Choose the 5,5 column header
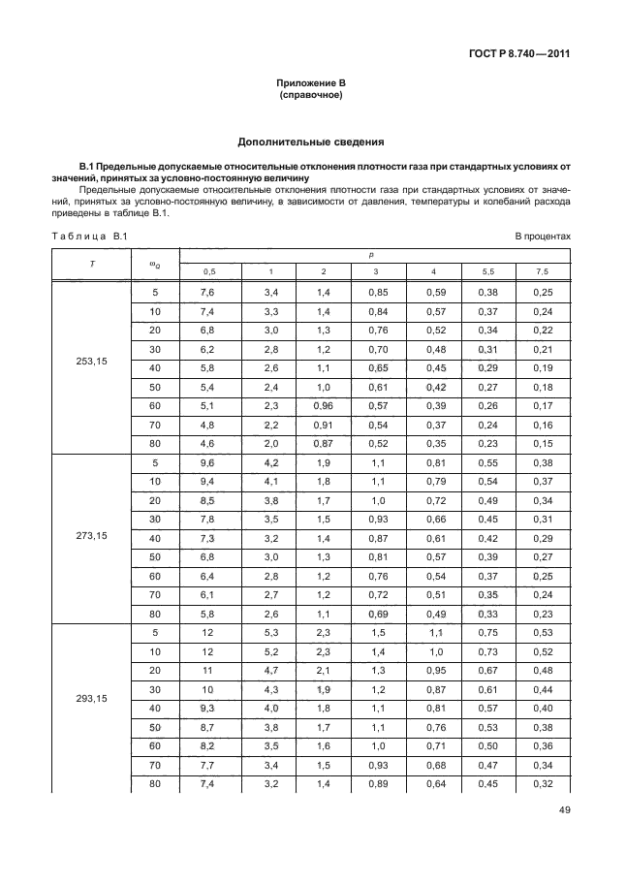click(x=488, y=271)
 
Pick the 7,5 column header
click(x=543, y=271)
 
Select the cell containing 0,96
click(x=323, y=405)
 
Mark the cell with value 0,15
click(x=543, y=444)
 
